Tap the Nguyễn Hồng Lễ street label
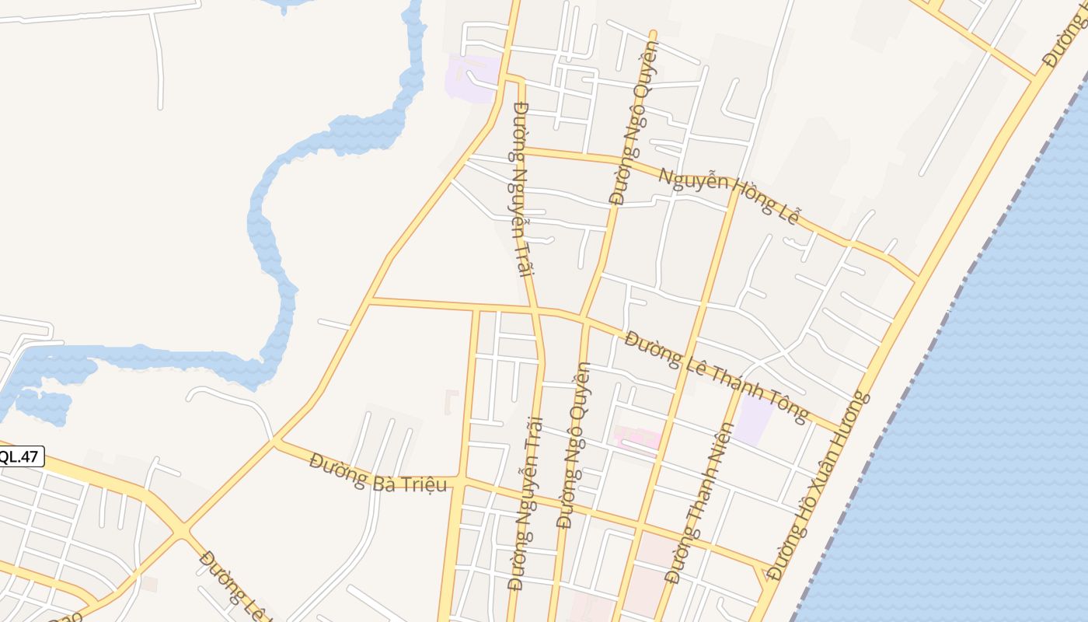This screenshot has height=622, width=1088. tap(729, 196)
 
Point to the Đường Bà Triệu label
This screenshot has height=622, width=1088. tap(378, 473)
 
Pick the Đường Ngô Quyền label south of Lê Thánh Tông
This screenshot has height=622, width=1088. tap(574, 445)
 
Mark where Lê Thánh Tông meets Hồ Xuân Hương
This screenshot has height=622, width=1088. tap(840, 430)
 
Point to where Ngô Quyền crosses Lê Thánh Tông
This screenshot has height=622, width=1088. tap(584, 319)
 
